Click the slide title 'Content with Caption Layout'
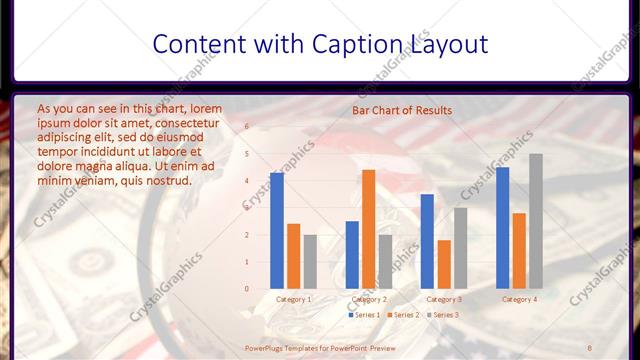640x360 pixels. tap(320, 45)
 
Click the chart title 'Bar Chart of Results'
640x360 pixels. tap(402, 110)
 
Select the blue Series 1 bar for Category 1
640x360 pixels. tap(277, 230)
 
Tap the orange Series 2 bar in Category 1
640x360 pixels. tap(293, 256)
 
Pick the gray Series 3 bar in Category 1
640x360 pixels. tap(310, 261)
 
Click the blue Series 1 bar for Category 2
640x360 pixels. tap(352, 254)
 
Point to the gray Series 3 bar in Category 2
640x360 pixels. tap(385, 261)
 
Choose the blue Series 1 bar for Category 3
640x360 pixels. tap(427, 241)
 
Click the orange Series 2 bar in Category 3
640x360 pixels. tap(444, 264)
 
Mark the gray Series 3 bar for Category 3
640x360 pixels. tap(460, 248)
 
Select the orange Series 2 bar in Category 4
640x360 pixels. tap(519, 250)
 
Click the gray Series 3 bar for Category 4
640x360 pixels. tap(536, 221)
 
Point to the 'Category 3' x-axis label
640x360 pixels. tap(444, 299)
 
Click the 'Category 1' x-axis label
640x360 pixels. tap(293, 299)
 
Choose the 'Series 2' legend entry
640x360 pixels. tap(402, 315)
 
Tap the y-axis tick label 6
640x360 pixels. tap(247, 127)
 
